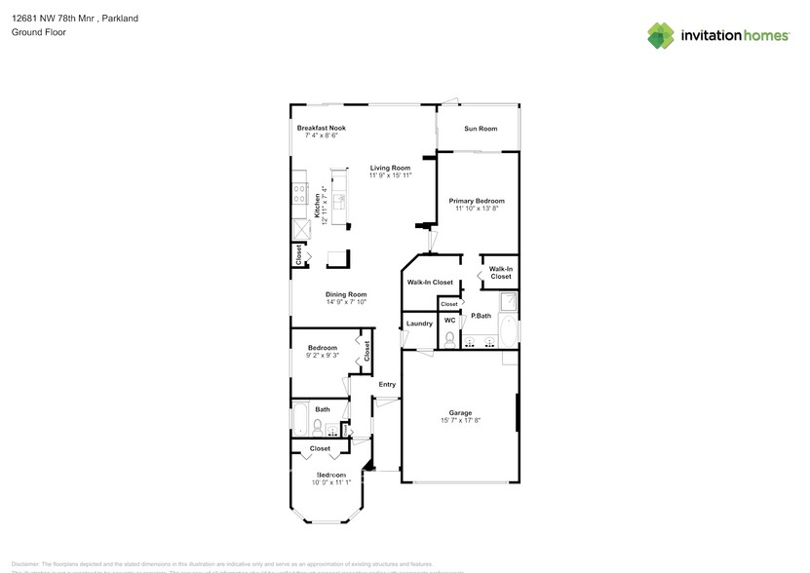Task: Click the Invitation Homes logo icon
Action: (661, 35)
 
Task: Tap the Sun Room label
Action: (480, 129)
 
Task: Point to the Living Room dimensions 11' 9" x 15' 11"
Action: (390, 175)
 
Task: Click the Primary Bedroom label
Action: (477, 201)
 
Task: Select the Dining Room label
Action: (346, 294)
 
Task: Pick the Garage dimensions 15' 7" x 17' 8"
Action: (459, 420)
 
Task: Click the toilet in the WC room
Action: (449, 338)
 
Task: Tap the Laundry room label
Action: (419, 324)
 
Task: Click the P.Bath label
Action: (481, 316)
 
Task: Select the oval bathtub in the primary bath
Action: (508, 331)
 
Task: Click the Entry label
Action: (387, 384)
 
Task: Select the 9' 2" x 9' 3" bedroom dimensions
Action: (323, 356)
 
